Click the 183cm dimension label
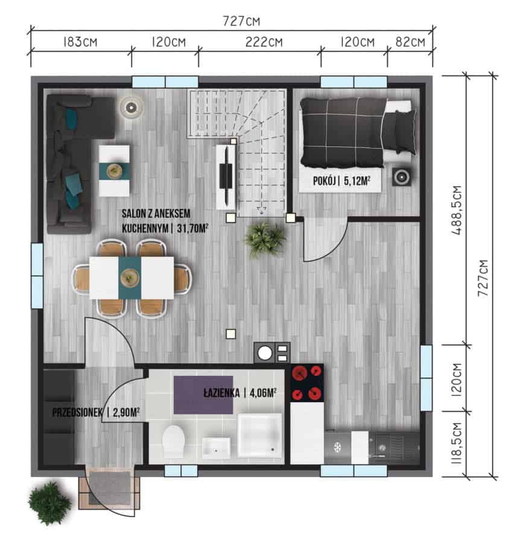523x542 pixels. (x=80, y=42)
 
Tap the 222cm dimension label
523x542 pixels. (x=264, y=42)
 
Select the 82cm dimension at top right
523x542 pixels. (x=410, y=42)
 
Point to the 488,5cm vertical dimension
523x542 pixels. (x=457, y=211)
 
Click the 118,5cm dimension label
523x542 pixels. (x=457, y=443)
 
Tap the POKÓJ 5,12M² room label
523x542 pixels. (x=341, y=181)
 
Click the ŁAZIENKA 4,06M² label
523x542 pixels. (x=240, y=393)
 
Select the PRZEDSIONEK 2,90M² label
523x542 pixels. (x=96, y=412)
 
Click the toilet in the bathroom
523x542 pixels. (x=173, y=441)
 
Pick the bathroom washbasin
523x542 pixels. (x=216, y=447)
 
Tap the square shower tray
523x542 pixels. (x=259, y=434)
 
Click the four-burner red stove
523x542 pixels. (x=306, y=383)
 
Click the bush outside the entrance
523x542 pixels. (x=50, y=503)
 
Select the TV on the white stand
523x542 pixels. (x=226, y=176)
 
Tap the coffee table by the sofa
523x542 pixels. (x=114, y=171)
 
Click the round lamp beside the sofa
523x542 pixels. (x=131, y=108)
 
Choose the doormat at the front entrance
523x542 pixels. (x=110, y=488)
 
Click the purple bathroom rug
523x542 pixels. (x=203, y=394)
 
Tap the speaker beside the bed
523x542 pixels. (x=402, y=177)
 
